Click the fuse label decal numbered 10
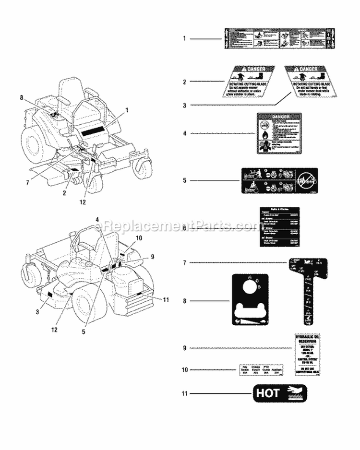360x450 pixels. pos(261,370)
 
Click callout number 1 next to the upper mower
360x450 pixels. pos(127,110)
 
